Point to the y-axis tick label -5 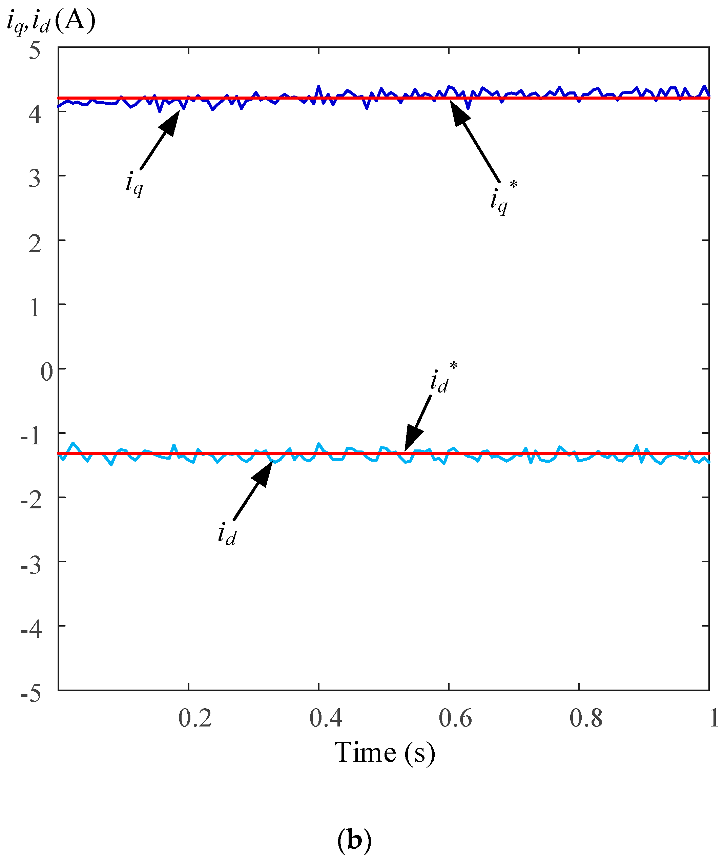tap(31, 695)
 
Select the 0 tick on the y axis tap(46, 372)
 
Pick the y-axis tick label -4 tap(31, 630)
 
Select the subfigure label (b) tap(354, 840)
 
